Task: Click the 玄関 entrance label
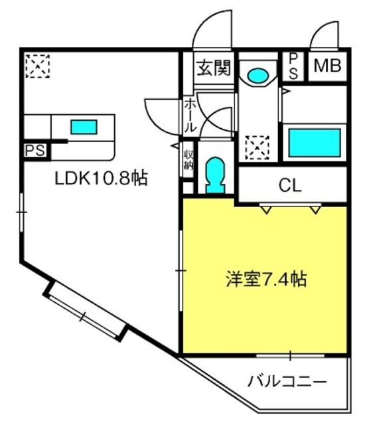point(214,68)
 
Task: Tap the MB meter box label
point(327,66)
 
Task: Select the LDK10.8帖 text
point(102,178)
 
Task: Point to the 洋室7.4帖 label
point(266,279)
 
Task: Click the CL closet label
point(290,185)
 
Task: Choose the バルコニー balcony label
point(287,382)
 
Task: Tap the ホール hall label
point(190,116)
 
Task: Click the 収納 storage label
point(188,160)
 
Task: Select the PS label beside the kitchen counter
point(35,150)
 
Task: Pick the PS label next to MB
point(293,66)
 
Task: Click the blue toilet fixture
point(216,175)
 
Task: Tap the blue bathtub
point(315,143)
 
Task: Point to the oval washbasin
point(258,76)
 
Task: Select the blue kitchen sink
point(84,127)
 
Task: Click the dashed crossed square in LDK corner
point(38,66)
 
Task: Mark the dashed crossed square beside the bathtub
point(257,147)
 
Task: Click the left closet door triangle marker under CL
point(267,210)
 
